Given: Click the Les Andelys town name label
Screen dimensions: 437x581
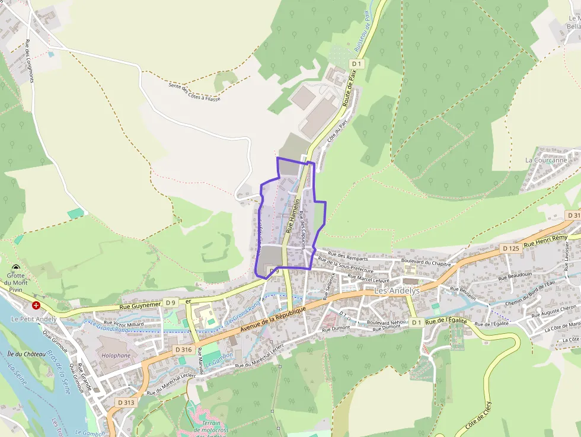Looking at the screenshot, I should [x=397, y=291].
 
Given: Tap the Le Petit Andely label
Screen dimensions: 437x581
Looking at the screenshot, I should [x=34, y=319].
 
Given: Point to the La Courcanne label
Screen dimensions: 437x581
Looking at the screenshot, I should [x=546, y=160].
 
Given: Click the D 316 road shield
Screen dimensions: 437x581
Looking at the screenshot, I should [x=184, y=350].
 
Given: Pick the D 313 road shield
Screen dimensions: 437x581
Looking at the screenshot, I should [x=126, y=403].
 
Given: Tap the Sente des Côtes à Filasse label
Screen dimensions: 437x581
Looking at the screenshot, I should [x=194, y=92].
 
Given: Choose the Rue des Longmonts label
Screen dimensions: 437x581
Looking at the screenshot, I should [x=29, y=60].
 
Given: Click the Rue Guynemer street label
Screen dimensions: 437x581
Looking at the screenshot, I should [x=140, y=306].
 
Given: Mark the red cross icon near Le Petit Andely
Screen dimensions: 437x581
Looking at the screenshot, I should [x=36, y=305].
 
